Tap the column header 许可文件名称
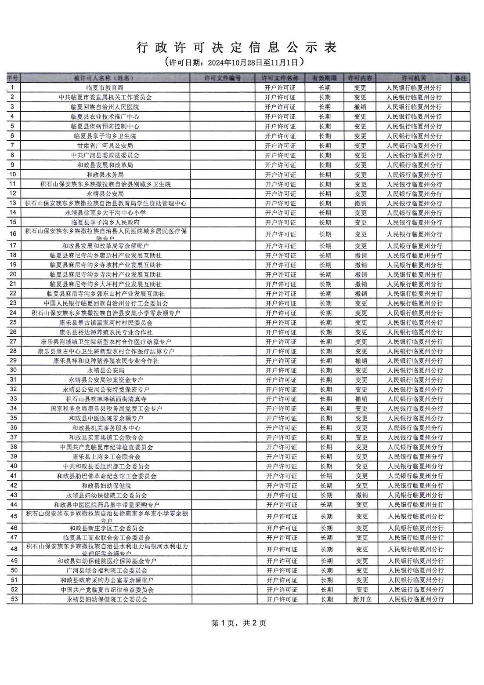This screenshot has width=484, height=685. [x=280, y=78]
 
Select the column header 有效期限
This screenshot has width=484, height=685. [x=325, y=78]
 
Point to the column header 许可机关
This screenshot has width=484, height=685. [x=414, y=78]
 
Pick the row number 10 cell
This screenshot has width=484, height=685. [x=13, y=175]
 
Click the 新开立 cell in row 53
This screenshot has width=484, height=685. [x=362, y=599]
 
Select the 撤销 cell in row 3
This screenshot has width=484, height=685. [x=360, y=107]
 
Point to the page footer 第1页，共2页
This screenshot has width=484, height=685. [x=238, y=623]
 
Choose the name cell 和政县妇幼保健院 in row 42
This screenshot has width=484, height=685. [x=106, y=485]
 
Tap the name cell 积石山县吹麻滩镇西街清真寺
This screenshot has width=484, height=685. [x=106, y=399]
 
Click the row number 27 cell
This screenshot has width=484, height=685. [x=13, y=342]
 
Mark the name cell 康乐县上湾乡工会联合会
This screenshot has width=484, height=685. [x=106, y=457]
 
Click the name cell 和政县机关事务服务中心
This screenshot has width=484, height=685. [x=106, y=428]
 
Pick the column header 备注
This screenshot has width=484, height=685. [x=461, y=78]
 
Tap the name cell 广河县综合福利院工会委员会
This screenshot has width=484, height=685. [x=107, y=570]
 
